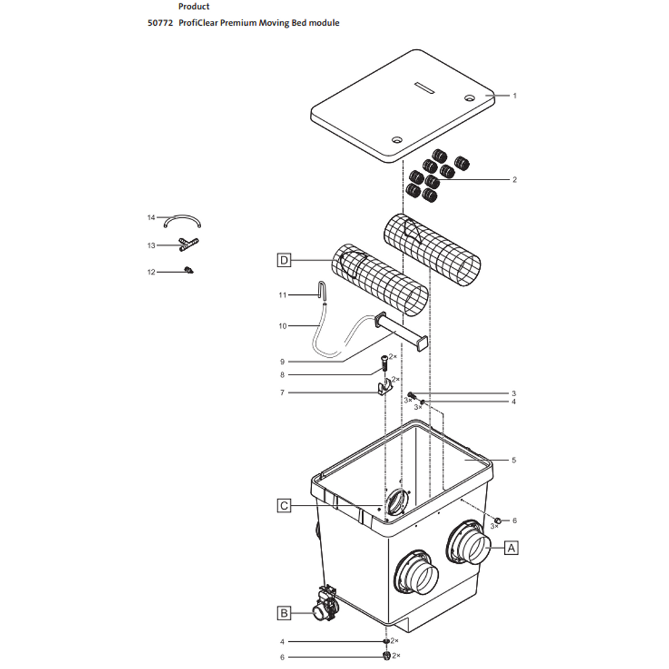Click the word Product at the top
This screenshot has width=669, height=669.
[x=194, y=7]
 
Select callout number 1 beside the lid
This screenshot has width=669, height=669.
[x=514, y=96]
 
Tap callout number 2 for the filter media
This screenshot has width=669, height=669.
[x=514, y=180]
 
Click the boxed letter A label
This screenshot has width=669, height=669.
[x=511, y=548]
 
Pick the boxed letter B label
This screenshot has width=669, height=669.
[x=285, y=613]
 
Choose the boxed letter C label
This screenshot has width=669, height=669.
[x=285, y=505]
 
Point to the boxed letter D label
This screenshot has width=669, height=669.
[x=285, y=260]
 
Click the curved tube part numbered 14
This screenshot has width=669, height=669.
[x=183, y=221]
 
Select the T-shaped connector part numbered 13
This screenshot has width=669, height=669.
[x=188, y=244]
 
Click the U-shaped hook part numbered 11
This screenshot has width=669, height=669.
[x=324, y=291]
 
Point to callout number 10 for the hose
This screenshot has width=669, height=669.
[x=282, y=326]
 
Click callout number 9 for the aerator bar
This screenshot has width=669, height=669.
[x=282, y=361]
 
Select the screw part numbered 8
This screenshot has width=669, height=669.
[x=384, y=363]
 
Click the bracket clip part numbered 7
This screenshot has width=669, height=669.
[x=384, y=390]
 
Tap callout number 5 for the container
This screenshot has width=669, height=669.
[x=514, y=460]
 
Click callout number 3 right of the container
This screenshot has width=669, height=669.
[x=514, y=393]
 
